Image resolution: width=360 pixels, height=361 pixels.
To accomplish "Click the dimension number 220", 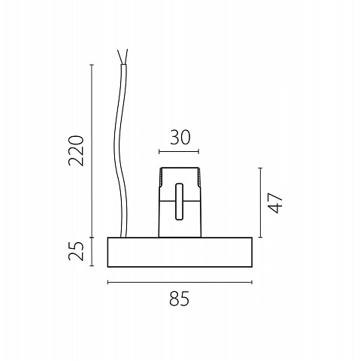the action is [75, 150].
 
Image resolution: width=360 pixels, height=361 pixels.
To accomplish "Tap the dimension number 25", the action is [75, 251].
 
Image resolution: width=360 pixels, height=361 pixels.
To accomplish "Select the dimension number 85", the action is [179, 299].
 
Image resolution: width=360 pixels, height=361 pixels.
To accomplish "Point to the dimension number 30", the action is [180, 138].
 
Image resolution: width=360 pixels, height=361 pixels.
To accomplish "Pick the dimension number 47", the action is [275, 202].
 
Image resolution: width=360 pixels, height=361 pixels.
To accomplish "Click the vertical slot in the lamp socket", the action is [179, 202].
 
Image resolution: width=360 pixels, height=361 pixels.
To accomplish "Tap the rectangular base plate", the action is [180, 252].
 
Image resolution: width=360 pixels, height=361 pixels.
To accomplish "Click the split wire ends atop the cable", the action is [123, 56].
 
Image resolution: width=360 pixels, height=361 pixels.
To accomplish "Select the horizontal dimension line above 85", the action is [180, 282].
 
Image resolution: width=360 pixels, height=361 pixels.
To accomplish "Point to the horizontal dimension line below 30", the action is [179, 151].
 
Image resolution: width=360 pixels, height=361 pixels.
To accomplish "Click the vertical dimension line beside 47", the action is [261, 202].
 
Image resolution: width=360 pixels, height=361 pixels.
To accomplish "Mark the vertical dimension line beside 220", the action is [92, 151].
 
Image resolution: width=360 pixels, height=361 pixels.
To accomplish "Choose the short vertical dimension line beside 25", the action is [92, 251].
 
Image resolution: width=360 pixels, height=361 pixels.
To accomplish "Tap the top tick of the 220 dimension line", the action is [92, 65].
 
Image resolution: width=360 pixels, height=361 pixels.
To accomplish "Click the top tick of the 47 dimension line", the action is [261, 168].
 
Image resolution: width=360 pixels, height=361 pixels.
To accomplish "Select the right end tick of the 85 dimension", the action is [252, 282].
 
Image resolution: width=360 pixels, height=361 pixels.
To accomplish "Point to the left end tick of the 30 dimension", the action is [159, 151].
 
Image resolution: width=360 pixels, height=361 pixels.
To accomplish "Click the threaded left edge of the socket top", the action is [161, 177].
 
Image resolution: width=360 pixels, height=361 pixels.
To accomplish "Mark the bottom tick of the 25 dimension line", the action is [92, 265].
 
